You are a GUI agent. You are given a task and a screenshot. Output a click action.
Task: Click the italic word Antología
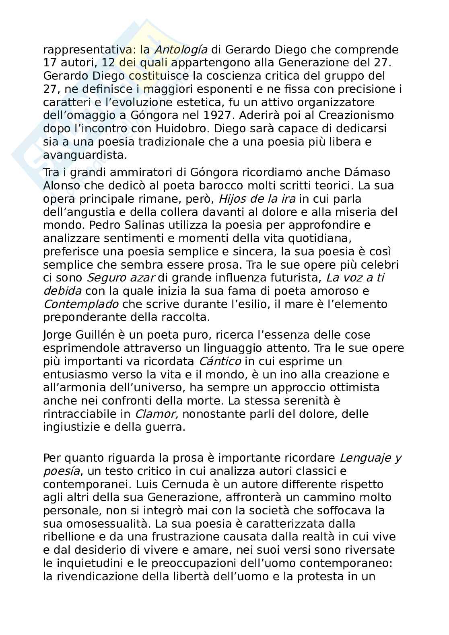pos(181,49)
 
